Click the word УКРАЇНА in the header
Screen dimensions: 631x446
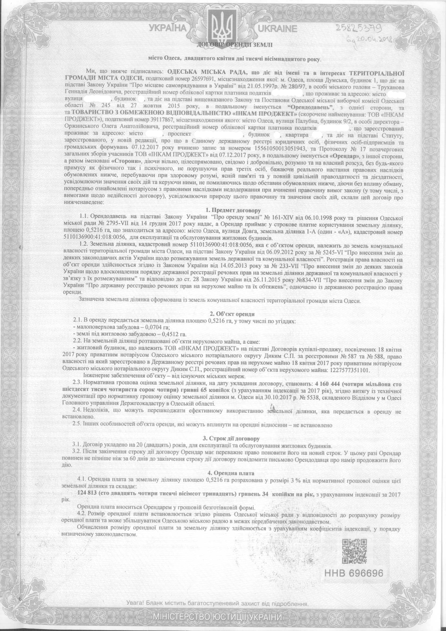point(168,29)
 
